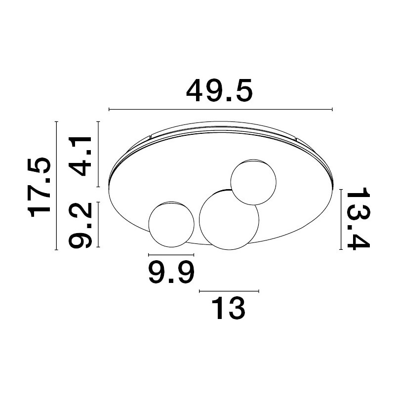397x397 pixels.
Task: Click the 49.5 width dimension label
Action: (x=220, y=90)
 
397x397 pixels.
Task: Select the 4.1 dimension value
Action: (x=80, y=156)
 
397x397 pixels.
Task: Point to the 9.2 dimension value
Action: (x=80, y=225)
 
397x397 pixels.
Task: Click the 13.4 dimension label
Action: (x=358, y=219)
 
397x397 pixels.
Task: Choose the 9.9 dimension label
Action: (x=171, y=273)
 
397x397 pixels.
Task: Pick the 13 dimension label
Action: (x=229, y=309)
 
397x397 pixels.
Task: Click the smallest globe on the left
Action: (x=171, y=224)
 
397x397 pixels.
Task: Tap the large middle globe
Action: (x=229, y=220)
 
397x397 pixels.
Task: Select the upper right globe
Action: (x=253, y=182)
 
